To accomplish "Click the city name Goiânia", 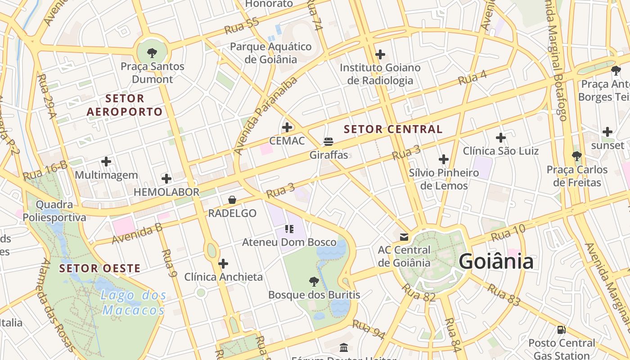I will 496,261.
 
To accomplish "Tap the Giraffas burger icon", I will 328,142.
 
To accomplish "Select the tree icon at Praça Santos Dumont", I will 152,53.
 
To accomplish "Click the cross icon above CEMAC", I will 287,127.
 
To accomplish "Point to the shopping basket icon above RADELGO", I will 232,200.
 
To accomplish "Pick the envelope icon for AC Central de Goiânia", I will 404,236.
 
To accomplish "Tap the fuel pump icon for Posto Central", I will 561,330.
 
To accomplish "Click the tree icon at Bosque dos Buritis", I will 314,282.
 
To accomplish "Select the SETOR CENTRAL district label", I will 393,130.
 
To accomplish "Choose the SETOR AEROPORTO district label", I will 125,105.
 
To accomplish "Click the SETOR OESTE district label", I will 100,269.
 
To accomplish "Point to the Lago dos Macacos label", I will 133,303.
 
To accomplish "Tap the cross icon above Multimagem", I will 106,162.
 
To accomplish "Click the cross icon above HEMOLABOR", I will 166,179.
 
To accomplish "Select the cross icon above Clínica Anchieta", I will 223,264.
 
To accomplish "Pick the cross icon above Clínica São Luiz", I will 500,138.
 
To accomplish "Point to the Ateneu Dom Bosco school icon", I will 289,229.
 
